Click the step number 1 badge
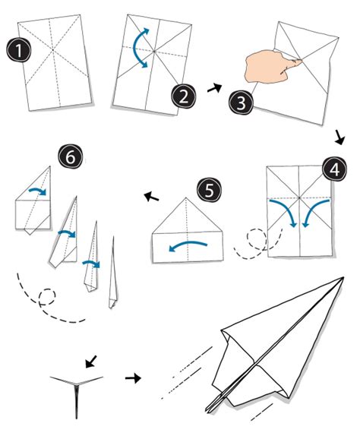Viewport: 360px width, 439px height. (18, 50)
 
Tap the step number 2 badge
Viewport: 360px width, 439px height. (184, 96)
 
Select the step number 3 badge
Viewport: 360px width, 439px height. (242, 103)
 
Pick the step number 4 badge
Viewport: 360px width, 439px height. (334, 169)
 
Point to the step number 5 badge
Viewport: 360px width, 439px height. (210, 191)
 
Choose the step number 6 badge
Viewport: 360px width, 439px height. (71, 156)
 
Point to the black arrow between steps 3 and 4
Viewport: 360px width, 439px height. (339, 137)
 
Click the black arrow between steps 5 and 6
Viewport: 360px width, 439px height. (151, 197)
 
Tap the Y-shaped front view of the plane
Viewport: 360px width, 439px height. (77, 393)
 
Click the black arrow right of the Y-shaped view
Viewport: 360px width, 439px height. (133, 378)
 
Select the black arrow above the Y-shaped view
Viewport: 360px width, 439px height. (91, 362)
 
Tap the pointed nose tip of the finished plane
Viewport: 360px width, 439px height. (343, 277)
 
